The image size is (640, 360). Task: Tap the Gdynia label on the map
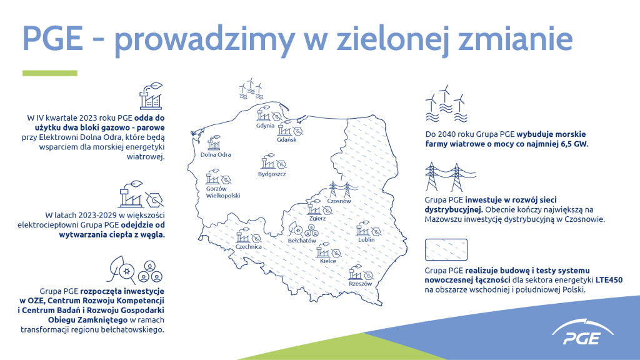click(x=265, y=126)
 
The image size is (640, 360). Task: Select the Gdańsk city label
click(x=286, y=139)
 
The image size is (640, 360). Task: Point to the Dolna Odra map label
click(x=216, y=155)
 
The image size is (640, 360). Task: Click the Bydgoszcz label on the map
click(x=272, y=174)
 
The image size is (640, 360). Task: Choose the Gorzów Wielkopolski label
click(x=223, y=192)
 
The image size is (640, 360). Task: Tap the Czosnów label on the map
click(x=339, y=201)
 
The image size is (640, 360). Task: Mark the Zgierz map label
click(x=317, y=218)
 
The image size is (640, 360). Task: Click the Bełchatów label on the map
click(x=302, y=241)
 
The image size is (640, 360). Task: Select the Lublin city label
click(x=366, y=239)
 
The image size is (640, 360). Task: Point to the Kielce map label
click(x=328, y=261)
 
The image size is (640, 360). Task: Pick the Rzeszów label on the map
click(x=361, y=284)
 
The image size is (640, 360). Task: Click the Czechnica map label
click(x=249, y=247)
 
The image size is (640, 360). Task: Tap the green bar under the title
click(x=50, y=73)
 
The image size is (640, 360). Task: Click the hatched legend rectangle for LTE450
click(x=446, y=250)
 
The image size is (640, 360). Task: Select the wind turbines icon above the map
click(x=251, y=89)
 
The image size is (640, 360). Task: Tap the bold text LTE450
click(x=609, y=280)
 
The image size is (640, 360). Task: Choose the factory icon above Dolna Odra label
click(x=214, y=143)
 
